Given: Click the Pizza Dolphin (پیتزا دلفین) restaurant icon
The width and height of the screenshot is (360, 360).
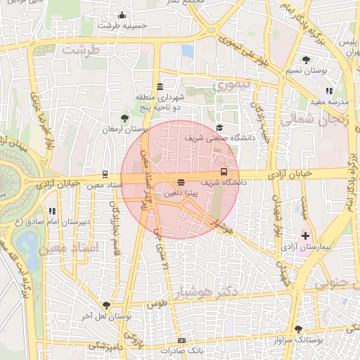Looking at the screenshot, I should (x=182, y=182).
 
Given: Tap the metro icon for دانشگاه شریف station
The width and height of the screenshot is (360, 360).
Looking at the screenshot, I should (x=224, y=172).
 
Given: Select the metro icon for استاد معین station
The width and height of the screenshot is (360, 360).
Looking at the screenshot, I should (x=105, y=174).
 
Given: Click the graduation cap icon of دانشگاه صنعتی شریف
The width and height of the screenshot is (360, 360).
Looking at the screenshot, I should (x=219, y=128).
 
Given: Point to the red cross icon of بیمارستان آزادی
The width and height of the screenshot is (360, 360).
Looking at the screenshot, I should (x=304, y=235).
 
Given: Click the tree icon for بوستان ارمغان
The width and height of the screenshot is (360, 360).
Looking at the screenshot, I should (x=124, y=117).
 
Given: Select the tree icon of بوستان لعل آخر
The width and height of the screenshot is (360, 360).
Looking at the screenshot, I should (x=105, y=305).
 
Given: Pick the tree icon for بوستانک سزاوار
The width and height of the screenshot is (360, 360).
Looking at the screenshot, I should (x=298, y=329).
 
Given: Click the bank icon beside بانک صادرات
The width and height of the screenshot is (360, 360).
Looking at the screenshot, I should (x=182, y=341).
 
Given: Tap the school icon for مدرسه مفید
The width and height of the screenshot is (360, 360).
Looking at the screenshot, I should (x=329, y=91).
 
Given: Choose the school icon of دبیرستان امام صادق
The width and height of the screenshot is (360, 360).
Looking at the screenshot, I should (x=51, y=210).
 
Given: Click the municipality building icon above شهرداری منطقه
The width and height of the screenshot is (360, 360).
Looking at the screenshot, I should (x=160, y=86).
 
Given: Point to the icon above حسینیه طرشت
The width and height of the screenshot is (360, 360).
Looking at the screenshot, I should (x=122, y=15).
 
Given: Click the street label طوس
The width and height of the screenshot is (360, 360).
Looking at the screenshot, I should (x=156, y=305).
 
